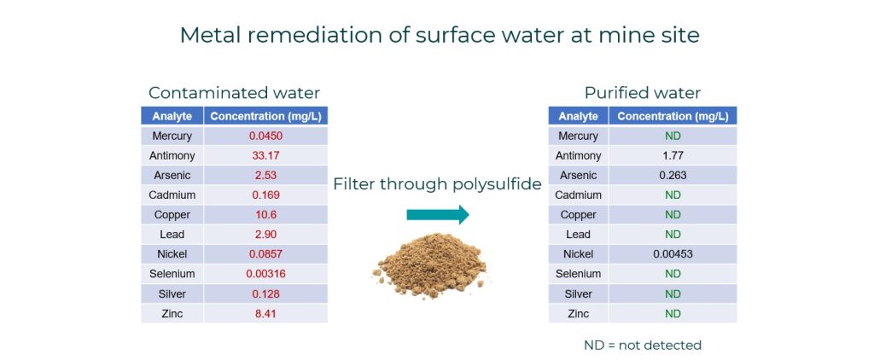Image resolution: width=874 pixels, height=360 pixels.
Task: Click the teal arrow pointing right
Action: [x=438, y=215]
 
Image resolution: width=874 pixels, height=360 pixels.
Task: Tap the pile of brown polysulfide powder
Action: [x=430, y=265]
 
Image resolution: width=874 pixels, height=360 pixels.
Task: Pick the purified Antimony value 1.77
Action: [x=673, y=155]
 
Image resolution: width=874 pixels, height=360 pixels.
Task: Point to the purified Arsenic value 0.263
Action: [x=673, y=175]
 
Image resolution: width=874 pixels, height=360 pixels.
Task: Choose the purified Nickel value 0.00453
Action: [x=673, y=254]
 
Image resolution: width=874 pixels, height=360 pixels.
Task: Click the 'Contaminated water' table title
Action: [x=234, y=92]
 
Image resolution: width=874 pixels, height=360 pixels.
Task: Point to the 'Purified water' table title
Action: [x=642, y=92]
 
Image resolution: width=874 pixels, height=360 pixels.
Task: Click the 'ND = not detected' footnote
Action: [x=642, y=345]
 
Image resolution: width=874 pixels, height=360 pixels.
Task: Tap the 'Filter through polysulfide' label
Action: [x=438, y=184]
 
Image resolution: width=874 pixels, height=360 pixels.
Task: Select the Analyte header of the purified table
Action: [x=578, y=117]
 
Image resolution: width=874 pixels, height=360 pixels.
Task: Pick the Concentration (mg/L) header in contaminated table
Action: [x=265, y=117]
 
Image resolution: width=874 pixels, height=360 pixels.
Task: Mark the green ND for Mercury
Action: [x=673, y=136]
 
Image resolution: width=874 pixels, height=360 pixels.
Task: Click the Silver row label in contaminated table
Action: [x=172, y=293]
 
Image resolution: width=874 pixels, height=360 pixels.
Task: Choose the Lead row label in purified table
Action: [x=578, y=235]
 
